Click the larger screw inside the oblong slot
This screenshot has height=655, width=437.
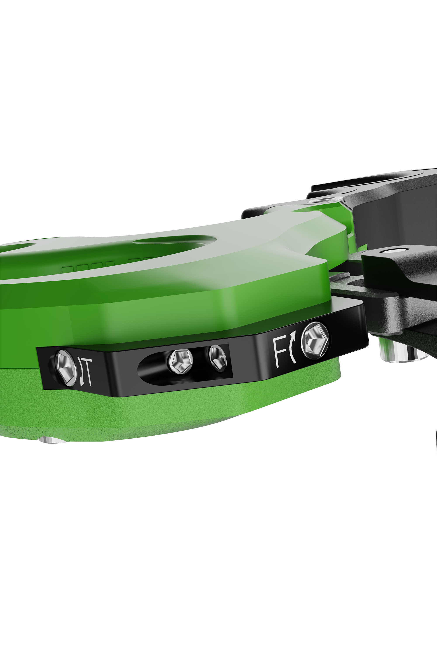[x=180, y=362]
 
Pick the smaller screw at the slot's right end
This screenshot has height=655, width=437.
[x=217, y=359]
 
